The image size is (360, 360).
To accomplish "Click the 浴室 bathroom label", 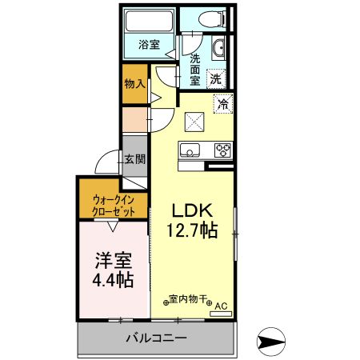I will pos(150,45).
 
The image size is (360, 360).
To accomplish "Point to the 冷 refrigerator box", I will pos(223,103).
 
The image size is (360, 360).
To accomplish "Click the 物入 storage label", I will pos(134,83).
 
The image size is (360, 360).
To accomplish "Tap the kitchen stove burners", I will pos(222,150).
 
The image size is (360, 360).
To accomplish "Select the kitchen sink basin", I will pos(190,150).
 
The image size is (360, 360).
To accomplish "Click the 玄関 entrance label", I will pos(134,159).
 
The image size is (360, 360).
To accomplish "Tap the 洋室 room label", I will pos(112,261).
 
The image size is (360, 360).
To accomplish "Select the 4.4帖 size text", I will pos(112,281).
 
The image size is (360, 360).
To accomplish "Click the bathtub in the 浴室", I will pos(150,21).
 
